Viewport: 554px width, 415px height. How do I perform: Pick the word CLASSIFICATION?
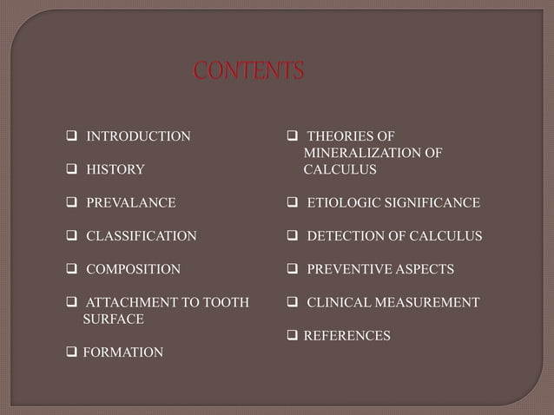(x=141, y=236)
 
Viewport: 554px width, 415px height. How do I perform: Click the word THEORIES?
(x=340, y=136)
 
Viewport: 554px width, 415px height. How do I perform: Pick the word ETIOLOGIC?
(x=343, y=203)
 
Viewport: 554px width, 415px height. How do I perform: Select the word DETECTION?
(x=343, y=236)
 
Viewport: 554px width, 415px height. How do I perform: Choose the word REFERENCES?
(x=346, y=334)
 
